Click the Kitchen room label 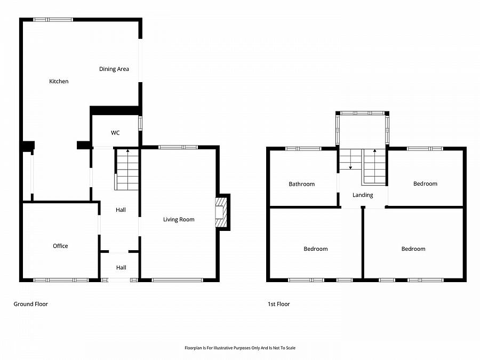coord(59,82)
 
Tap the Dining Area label coord(114,69)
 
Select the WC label coord(115,133)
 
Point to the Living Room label coord(179,220)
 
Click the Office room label coord(60,246)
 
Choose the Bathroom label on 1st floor coord(302,184)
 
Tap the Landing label coord(363,195)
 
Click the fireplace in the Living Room coord(220,212)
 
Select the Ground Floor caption coord(30,304)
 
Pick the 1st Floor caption coord(279,304)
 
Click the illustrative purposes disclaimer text coord(240,348)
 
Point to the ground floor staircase coord(127,170)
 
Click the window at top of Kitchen coord(53,20)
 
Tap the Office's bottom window coord(61,279)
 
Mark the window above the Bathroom coord(303,149)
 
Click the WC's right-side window coord(140,123)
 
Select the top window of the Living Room coord(178,147)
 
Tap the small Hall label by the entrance coord(121,268)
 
